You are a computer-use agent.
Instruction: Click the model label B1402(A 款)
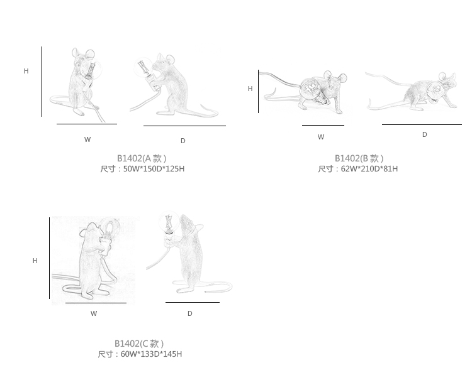coord(142,158)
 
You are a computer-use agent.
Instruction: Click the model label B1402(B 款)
coord(359,158)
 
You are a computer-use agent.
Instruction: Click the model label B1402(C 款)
coord(139,344)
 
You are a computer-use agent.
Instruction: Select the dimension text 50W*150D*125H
coord(154,169)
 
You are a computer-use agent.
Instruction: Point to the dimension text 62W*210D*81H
coord(369,169)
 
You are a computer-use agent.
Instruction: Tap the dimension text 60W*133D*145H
coord(151,354)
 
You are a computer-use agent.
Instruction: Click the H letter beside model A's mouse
coord(26,71)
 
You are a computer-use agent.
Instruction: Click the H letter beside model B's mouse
coord(250,89)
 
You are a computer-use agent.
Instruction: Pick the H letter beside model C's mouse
coord(35,261)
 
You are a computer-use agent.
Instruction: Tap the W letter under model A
coord(87,139)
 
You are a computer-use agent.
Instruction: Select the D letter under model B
coord(424,134)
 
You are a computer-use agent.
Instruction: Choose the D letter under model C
coord(189,313)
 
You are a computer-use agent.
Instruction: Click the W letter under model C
coord(94,313)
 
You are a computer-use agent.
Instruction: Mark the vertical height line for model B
coord(258,91)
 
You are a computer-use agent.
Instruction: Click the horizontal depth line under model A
coord(184,126)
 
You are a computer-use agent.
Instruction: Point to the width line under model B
coord(323,125)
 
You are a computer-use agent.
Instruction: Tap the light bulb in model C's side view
coord(169,222)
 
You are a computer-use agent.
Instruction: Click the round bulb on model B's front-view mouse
coord(310,87)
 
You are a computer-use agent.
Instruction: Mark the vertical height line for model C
coord(49,257)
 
